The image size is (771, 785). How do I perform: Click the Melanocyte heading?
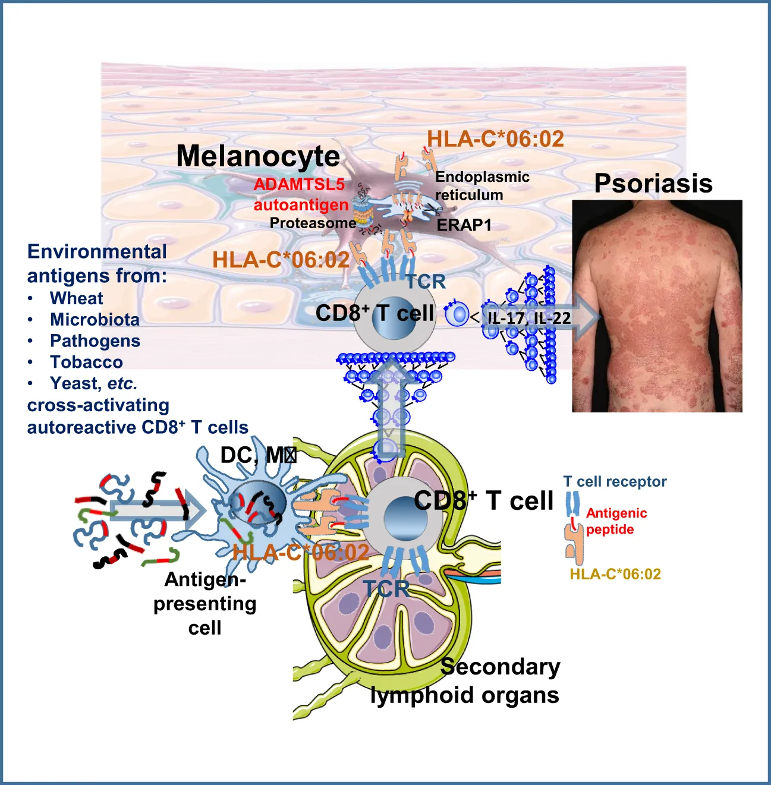click(258, 156)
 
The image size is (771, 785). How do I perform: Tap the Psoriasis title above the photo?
click(653, 184)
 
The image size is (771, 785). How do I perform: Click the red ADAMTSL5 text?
click(299, 184)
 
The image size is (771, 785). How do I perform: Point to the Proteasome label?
click(313, 223)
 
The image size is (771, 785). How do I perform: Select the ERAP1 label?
click(464, 225)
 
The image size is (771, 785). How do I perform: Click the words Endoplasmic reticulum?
click(482, 186)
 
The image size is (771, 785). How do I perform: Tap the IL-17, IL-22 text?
click(529, 318)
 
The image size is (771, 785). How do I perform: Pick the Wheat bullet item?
click(77, 298)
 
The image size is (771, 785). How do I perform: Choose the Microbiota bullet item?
click(95, 320)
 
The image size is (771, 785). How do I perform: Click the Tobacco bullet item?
click(86, 362)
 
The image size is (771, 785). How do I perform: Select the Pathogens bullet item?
click(95, 341)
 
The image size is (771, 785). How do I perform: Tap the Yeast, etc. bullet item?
click(93, 384)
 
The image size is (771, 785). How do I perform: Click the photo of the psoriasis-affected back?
click(657, 306)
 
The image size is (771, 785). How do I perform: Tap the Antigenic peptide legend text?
click(616, 521)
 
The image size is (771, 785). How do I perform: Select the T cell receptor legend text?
click(615, 482)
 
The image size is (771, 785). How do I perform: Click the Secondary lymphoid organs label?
click(465, 681)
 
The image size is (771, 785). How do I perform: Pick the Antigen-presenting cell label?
click(205, 603)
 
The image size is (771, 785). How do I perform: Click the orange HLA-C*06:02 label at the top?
click(495, 139)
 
